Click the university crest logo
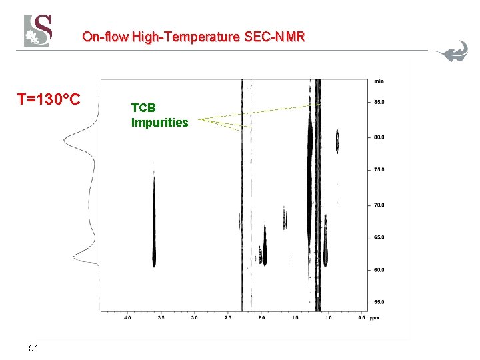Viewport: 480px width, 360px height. click(x=38, y=31)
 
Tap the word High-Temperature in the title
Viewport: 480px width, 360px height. click(x=184, y=37)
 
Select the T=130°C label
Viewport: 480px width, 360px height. click(x=49, y=100)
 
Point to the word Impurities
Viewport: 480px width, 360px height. click(x=160, y=123)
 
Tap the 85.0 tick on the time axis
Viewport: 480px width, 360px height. click(x=378, y=103)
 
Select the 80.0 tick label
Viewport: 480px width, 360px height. click(x=378, y=138)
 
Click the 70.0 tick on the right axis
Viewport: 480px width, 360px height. click(x=378, y=205)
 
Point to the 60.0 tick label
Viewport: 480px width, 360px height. click(x=378, y=270)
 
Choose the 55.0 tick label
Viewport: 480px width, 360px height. click(x=378, y=302)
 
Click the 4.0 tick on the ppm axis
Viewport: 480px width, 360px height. click(x=127, y=319)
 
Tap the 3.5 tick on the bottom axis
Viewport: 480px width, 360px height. click(x=161, y=319)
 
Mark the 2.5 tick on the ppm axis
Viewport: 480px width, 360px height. click(x=227, y=319)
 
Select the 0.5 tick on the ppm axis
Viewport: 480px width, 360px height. click(x=361, y=319)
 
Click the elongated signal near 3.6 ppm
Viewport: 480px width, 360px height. click(x=154, y=220)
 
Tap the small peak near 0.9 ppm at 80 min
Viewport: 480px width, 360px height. click(x=337, y=139)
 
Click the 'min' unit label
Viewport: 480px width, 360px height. click(x=379, y=81)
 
